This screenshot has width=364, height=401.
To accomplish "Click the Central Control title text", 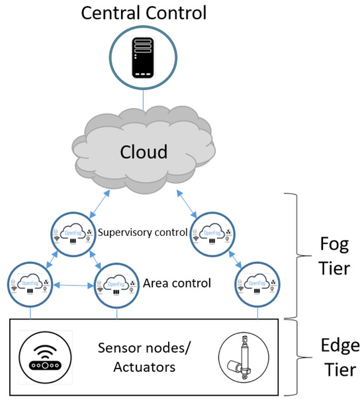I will coord(143,13).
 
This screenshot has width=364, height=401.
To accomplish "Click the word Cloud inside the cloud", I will coord(143,152).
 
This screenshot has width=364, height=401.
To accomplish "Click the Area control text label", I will coord(177,284).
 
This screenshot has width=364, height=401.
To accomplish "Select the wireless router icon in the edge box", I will coord(44,358).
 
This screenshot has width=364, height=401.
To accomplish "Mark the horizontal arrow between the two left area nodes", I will coord(73,286).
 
